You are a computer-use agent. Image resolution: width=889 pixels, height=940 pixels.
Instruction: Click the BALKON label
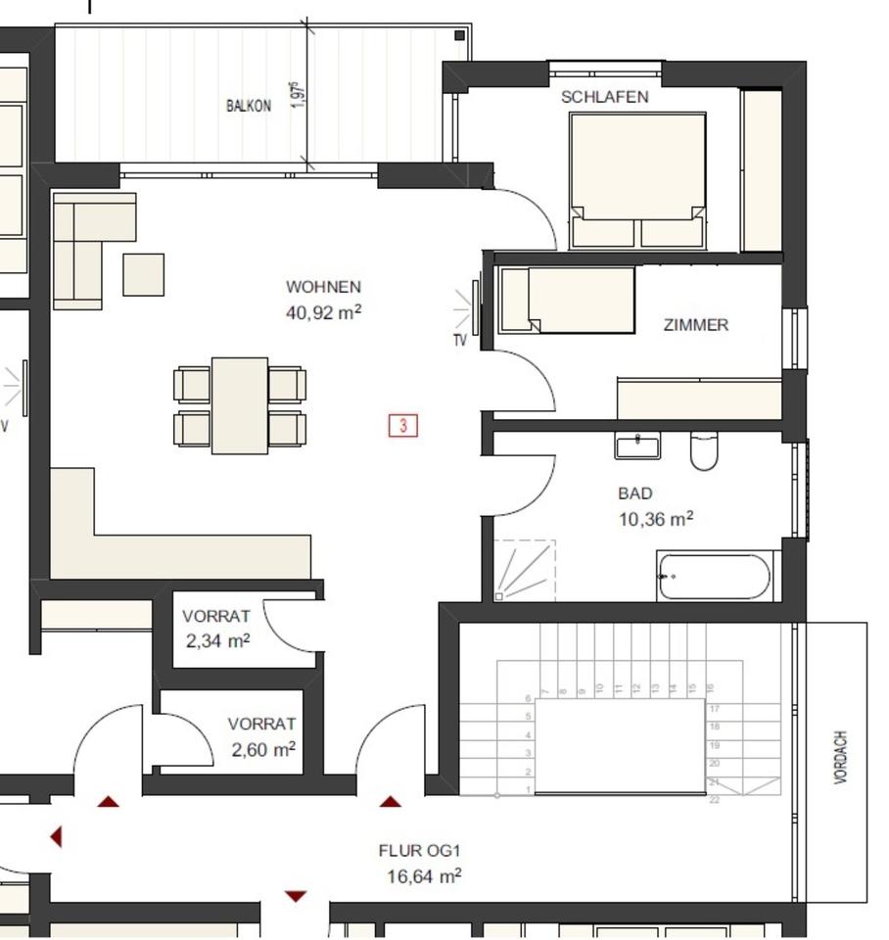249,106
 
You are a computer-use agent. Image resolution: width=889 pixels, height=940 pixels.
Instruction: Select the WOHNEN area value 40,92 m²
324,312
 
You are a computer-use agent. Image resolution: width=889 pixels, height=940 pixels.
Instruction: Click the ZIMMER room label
695,325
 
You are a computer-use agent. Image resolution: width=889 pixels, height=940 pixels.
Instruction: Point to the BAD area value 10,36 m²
655,518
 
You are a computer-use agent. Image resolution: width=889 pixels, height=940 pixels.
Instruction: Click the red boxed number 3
403,425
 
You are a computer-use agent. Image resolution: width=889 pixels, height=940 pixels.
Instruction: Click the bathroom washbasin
637,446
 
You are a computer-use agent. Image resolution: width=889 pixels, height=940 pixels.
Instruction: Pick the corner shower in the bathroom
523,571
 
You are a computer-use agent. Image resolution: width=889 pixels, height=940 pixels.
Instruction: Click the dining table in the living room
240,404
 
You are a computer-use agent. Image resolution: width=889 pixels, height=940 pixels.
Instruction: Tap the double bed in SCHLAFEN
637,179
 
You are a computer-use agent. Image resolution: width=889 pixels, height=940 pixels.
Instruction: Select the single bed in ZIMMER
567,300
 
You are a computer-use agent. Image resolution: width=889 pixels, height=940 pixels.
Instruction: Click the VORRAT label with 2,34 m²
216,616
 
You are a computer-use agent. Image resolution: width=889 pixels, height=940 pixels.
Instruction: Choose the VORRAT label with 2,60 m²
261,725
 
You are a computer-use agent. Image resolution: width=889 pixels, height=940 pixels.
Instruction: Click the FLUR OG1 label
419,851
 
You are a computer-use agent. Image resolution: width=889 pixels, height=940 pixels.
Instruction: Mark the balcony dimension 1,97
300,96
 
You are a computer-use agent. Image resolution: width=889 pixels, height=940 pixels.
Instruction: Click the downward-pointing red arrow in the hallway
295,896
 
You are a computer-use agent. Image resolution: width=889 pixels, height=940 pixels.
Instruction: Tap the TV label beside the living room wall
459,341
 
